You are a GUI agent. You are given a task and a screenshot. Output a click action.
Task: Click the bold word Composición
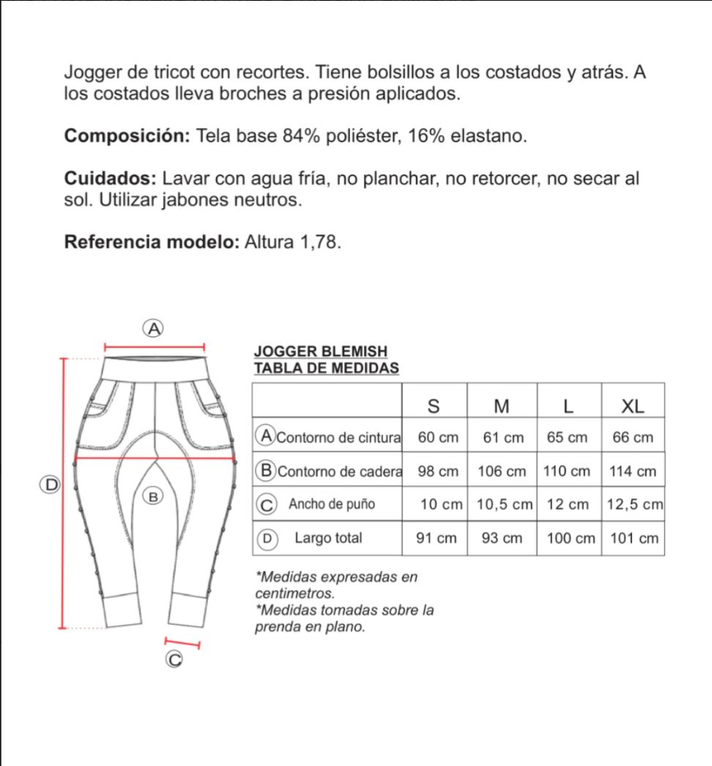coord(127,136)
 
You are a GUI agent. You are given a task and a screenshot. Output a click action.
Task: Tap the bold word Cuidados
coord(109,179)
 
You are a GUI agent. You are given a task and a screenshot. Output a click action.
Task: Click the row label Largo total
coord(328,538)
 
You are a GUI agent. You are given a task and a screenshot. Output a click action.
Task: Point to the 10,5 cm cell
coord(504,505)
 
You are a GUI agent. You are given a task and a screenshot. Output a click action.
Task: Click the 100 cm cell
coord(571,539)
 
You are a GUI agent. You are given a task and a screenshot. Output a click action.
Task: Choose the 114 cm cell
coord(632,471)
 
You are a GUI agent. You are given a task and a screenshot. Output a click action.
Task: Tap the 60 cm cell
coord(437,438)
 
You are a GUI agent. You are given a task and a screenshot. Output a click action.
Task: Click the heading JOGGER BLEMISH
coord(319,353)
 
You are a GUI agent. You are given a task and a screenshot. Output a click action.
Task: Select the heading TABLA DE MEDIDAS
coord(326,368)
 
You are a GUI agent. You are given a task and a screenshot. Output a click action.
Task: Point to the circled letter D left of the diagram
coord(51,485)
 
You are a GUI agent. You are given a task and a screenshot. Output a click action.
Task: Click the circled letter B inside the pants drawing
coord(153,497)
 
